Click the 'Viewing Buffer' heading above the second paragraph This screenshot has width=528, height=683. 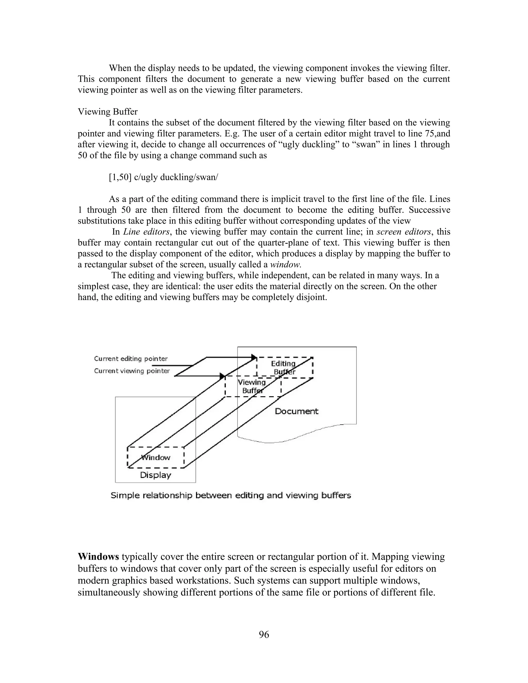click(x=108, y=112)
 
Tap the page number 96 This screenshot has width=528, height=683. click(x=264, y=634)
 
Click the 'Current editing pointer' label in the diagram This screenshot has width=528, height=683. click(x=131, y=359)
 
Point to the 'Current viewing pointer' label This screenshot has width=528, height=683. click(x=132, y=371)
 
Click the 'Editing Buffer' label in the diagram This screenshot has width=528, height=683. click(x=283, y=368)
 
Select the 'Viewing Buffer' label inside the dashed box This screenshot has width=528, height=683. click(x=252, y=386)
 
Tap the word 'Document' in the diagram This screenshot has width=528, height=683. click(x=296, y=411)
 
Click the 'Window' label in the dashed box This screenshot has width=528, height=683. click(x=156, y=457)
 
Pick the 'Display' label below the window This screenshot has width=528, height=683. click(x=155, y=475)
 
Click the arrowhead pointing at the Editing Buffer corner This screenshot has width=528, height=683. click(x=254, y=357)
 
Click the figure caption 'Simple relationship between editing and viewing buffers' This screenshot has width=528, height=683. click(x=231, y=495)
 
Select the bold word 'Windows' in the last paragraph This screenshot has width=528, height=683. click(x=98, y=557)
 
